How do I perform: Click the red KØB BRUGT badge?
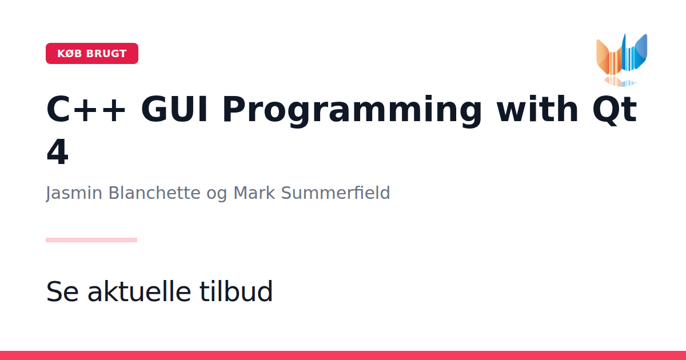point(92,53)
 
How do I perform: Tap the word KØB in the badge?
point(70,54)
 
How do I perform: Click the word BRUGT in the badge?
point(106,54)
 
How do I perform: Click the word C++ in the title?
point(86,109)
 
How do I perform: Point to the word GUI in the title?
point(174,109)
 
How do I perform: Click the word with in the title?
point(537,109)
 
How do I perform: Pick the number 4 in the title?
point(57,152)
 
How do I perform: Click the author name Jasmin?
point(74,193)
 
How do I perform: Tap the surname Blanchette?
point(154,193)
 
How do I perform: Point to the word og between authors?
point(217,195)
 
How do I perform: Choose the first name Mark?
point(254,193)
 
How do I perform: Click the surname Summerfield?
point(336,193)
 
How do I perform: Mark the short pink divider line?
point(91,240)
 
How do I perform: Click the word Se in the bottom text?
point(62,291)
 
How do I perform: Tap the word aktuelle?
point(139,291)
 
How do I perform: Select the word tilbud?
point(236,291)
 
